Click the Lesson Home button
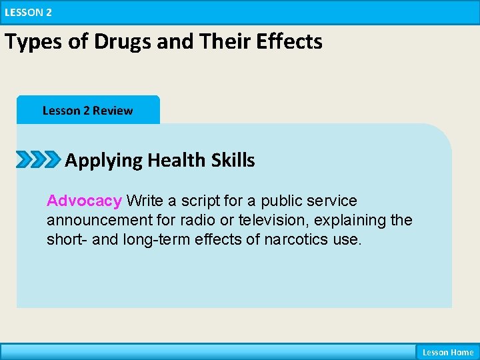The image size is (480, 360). (447, 352)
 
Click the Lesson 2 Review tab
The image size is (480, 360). (87, 111)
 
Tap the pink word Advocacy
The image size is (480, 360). (84, 201)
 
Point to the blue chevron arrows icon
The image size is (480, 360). (39, 160)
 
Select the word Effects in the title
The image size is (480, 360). (290, 41)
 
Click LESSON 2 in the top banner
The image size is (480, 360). (27, 12)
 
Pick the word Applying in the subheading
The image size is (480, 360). (103, 161)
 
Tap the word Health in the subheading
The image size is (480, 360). (178, 160)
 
